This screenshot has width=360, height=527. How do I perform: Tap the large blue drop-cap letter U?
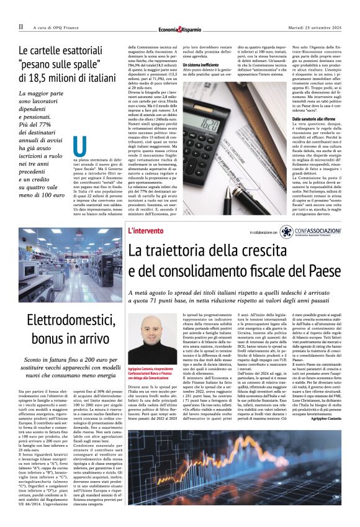(79, 146)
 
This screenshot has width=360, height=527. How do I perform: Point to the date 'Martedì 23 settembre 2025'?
(319, 27)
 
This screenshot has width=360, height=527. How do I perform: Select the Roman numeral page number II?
(20, 27)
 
